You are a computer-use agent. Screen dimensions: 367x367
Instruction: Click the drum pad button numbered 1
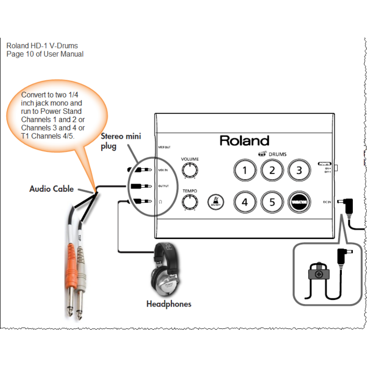pos(245,170)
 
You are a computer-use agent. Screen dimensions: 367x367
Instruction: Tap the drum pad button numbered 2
pos(272,170)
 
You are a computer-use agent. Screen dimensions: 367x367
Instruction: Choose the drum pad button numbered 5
pos(272,201)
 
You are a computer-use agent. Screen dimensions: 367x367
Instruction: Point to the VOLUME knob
pos(189,169)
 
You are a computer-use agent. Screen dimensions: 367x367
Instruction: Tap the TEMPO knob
pos(189,201)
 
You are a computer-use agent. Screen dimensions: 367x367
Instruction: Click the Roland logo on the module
pos(244,141)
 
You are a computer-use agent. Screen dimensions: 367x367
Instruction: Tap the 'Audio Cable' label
pos(51,189)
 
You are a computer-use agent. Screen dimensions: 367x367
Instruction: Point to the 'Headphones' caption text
pos(169,304)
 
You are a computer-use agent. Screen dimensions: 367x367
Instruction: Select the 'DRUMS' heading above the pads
pos(277,154)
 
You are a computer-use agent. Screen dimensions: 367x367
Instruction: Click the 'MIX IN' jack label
pos(163,170)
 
